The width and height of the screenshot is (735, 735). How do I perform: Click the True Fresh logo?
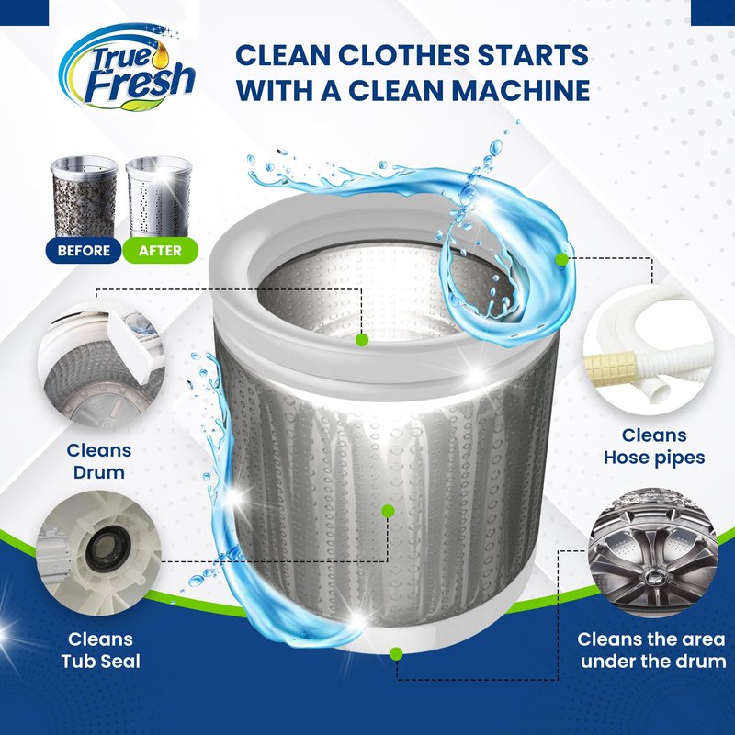click(x=127, y=68)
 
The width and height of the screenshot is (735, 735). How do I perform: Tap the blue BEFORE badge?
click(x=84, y=250)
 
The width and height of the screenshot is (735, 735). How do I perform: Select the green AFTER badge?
click(x=160, y=250)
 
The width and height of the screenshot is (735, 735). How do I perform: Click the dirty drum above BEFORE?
click(x=85, y=197)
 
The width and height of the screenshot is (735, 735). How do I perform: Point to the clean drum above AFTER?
click(x=159, y=197)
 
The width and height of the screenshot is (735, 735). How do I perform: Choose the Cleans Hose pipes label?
click(x=654, y=447)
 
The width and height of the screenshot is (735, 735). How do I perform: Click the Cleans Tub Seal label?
click(x=100, y=650)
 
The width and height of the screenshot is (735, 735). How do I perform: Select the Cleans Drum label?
click(x=99, y=461)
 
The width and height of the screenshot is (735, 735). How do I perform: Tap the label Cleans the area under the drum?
click(x=651, y=650)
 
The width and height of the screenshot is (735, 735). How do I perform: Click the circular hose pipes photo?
click(x=649, y=353)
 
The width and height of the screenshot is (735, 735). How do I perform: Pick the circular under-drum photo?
click(x=653, y=552)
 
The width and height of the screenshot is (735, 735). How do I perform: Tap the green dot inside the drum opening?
click(x=361, y=339)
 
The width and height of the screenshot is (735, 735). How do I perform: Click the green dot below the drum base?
click(x=396, y=653)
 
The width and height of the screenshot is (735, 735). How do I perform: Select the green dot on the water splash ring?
click(x=561, y=259)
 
